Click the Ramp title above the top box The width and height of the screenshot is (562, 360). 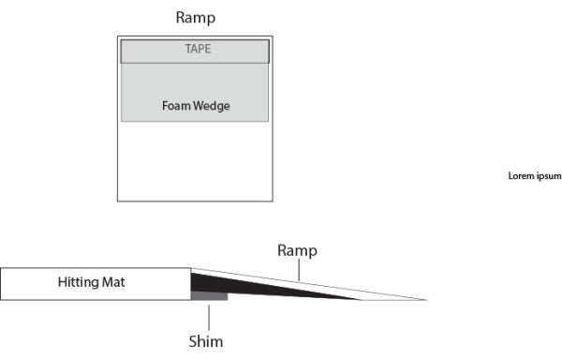[195, 18]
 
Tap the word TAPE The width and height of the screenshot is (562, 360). [195, 50]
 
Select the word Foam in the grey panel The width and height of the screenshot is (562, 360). [176, 106]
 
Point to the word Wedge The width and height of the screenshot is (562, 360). [212, 106]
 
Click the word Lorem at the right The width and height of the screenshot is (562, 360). [520, 175]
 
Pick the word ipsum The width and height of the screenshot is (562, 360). [547, 175]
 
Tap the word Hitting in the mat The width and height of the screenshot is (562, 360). [78, 282]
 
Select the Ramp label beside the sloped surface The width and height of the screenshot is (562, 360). [297, 250]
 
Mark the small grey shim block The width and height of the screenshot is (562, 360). [209, 296]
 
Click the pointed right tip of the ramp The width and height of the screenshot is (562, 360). [426, 300]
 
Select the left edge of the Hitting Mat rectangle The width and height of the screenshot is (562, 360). [1, 284]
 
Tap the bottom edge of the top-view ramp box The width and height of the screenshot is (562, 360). [195, 201]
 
